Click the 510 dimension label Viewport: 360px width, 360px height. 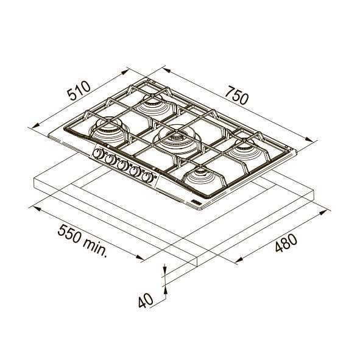pos(79,91)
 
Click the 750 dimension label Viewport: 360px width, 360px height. pos(237,95)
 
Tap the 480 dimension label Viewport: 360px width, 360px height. pos(286,242)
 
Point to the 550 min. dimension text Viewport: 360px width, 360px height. pos(82,241)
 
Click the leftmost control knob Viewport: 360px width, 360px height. pos(97,153)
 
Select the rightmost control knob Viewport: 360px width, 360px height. pos(147,177)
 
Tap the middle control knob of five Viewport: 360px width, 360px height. pos(122,165)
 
